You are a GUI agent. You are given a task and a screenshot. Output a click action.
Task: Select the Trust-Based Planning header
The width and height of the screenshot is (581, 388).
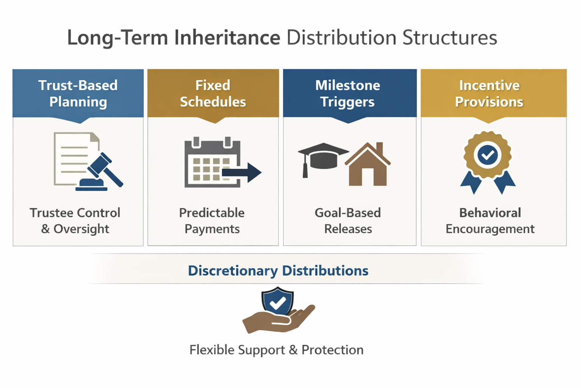click(78, 93)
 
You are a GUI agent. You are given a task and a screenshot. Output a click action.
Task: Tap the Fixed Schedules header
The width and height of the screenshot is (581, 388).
click(213, 93)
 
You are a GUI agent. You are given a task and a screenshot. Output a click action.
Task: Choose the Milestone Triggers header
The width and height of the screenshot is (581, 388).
click(348, 93)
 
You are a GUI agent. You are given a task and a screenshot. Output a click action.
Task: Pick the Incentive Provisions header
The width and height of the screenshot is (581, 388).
click(489, 93)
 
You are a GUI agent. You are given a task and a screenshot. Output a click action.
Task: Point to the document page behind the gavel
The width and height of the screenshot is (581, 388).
click(72, 157)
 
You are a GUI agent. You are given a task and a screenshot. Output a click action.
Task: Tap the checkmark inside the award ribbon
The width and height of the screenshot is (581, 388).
click(488, 155)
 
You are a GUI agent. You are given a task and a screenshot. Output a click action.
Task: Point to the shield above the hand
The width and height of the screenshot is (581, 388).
click(278, 301)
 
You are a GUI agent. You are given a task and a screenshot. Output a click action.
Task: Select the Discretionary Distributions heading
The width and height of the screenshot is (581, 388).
click(278, 271)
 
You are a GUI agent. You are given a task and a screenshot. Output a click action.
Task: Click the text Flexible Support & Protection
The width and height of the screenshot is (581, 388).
click(276, 350)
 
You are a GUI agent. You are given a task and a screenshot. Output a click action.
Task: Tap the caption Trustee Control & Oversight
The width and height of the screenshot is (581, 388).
click(75, 221)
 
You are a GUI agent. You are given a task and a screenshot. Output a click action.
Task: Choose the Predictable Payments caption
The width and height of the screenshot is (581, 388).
click(212, 221)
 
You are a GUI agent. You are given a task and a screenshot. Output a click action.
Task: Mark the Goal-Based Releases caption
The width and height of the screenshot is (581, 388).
click(348, 221)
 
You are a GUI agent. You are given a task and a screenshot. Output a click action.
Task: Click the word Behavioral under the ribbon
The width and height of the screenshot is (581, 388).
click(490, 213)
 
